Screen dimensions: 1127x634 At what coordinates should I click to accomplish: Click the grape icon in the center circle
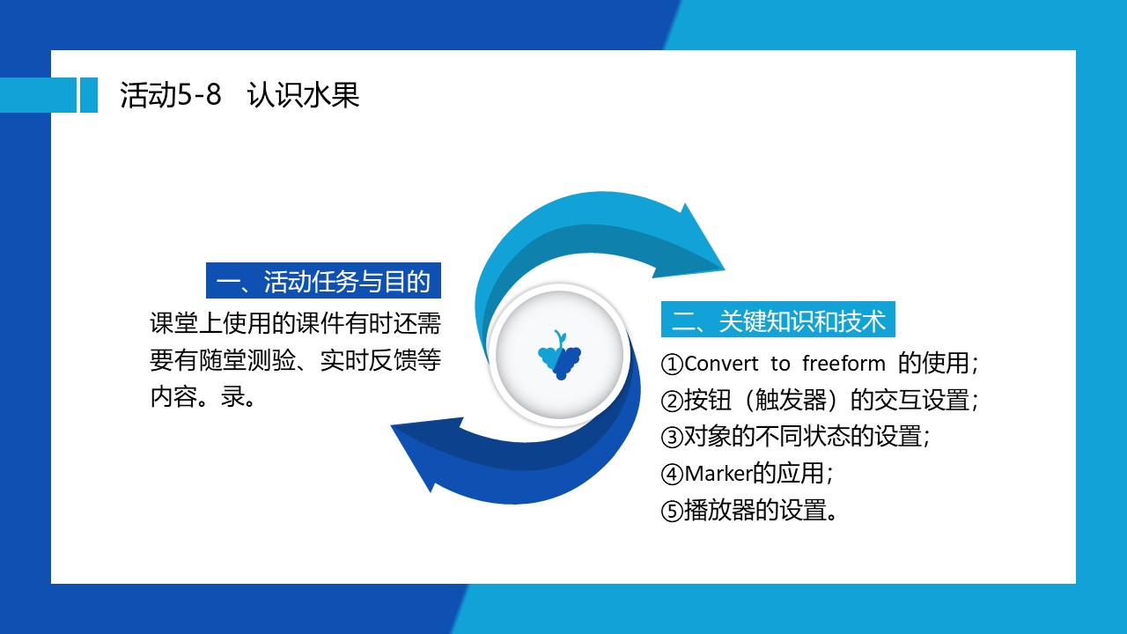point(559,355)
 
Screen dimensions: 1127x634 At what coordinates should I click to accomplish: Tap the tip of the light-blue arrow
point(725,269)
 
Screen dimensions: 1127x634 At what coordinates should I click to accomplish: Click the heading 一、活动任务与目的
point(323,281)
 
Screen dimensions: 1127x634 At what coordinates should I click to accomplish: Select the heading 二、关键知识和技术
point(777,320)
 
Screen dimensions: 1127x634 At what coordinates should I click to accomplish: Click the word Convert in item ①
point(721,364)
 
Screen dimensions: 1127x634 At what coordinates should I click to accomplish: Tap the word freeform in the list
point(843,364)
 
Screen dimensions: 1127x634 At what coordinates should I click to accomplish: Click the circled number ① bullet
point(672,364)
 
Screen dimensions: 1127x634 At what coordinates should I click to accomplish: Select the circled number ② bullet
point(672,401)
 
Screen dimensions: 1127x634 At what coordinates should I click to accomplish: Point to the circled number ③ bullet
point(672,437)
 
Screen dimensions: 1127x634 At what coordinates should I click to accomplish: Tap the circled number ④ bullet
point(672,474)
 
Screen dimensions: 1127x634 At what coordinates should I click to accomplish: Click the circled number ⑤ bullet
point(672,512)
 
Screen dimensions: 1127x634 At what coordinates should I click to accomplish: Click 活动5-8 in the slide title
point(171,94)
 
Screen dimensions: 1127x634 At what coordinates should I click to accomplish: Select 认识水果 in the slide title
point(304,94)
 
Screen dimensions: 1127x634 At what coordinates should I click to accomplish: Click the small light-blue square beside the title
point(89,95)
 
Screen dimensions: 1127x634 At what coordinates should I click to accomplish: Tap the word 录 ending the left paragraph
point(232,396)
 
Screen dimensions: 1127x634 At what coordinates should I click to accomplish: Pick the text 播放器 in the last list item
point(720,510)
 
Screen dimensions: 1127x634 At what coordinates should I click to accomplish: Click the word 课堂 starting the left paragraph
point(174,323)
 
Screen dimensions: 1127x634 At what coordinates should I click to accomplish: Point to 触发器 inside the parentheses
point(791,400)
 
